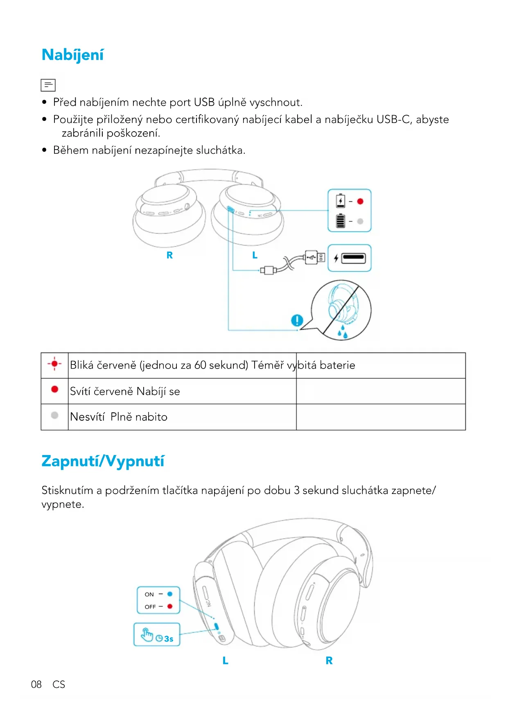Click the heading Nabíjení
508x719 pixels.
73,55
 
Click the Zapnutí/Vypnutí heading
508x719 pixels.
103,461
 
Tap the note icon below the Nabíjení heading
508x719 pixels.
48,85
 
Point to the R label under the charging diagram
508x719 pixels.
169,255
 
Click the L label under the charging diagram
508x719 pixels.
255,255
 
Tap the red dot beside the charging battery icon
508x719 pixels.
360,201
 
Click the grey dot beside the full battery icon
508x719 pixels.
360,221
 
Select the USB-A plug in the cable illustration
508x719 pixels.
314,257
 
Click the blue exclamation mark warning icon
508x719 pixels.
297,320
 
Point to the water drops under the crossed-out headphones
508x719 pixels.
343,332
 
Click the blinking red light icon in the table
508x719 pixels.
54,364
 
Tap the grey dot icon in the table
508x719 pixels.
54,415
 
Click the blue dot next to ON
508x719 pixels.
170,594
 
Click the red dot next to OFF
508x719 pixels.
170,606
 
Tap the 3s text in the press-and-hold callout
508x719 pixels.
169,639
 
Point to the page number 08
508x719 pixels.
36,684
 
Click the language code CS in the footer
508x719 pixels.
59,684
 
